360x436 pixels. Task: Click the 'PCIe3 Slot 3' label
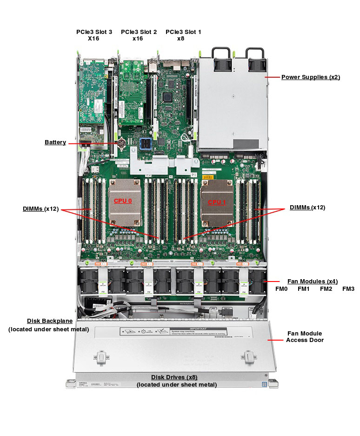[94, 32]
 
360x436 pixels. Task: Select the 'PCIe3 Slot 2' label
[139, 32]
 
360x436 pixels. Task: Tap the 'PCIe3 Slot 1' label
[183, 32]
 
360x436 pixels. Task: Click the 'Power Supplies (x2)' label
[310, 77]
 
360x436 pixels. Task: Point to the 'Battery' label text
[55, 142]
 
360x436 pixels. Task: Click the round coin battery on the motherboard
[122, 143]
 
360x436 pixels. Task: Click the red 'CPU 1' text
[217, 202]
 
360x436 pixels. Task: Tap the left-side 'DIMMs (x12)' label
[40, 208]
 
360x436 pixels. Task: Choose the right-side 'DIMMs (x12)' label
[307, 207]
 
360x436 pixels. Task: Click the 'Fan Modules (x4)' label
[312, 281]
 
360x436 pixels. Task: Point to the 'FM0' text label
[281, 289]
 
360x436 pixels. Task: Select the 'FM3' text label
[348, 289]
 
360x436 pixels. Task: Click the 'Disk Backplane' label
[49, 321]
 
